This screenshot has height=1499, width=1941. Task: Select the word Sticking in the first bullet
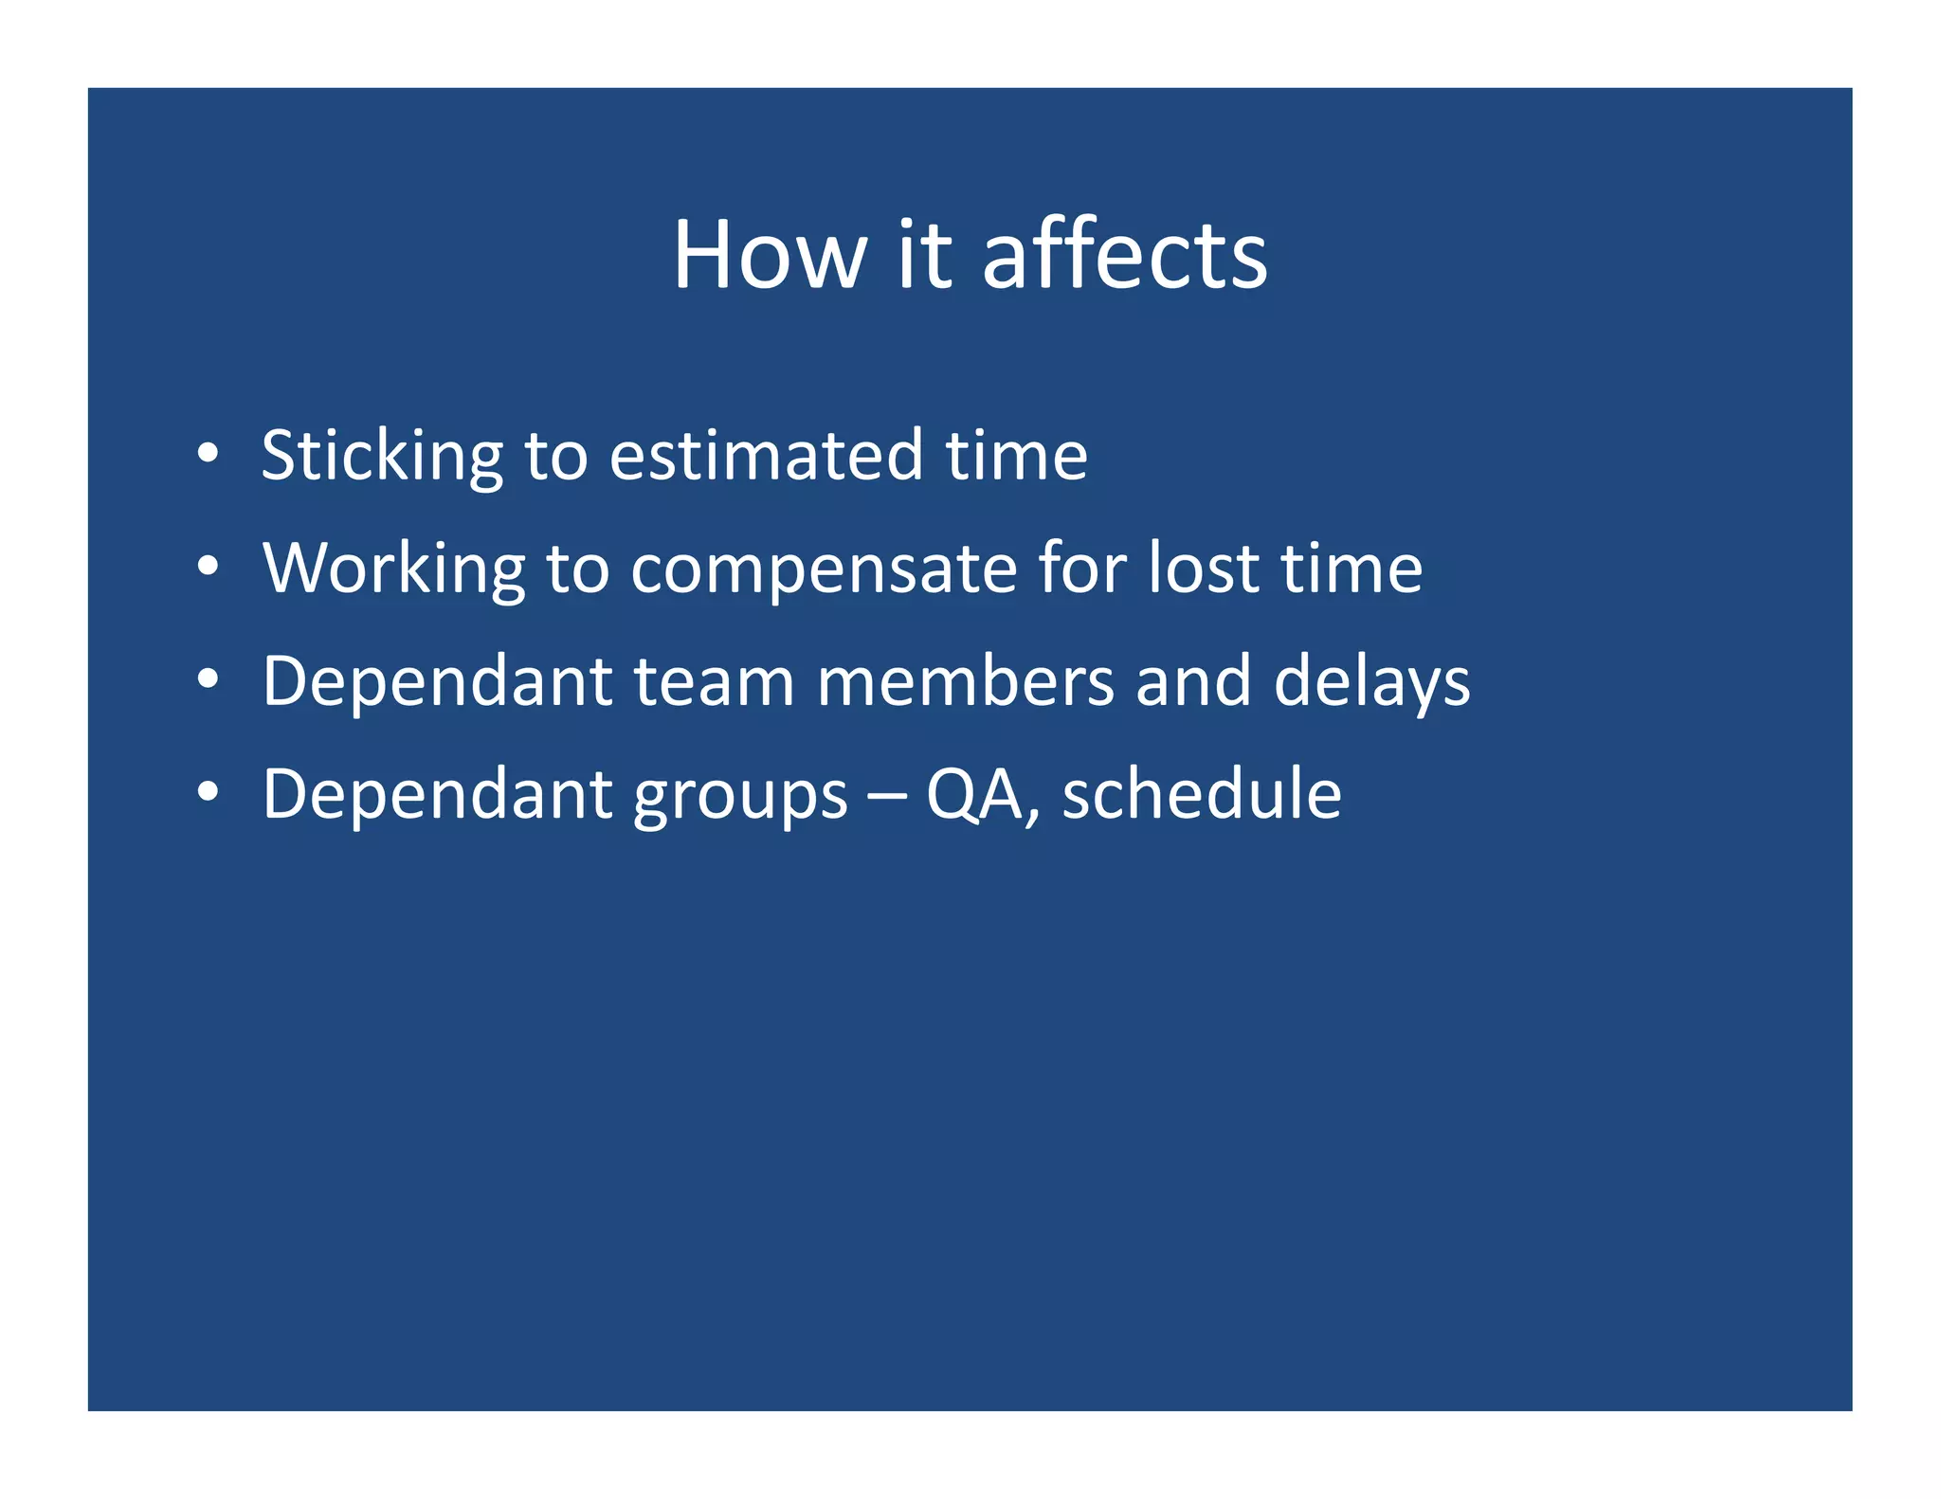381,457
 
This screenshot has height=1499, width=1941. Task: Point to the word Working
392,569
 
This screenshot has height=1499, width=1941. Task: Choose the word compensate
823,570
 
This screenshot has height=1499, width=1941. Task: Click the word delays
1371,682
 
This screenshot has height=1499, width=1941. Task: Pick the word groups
740,796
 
